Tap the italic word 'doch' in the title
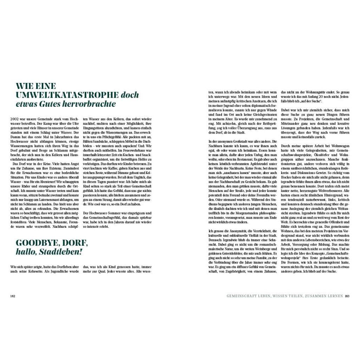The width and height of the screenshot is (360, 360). click(x=130, y=95)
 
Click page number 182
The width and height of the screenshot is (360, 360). click(x=13, y=296)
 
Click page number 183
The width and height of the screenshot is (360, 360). click(x=347, y=296)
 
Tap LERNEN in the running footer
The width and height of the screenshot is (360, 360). click(x=334, y=296)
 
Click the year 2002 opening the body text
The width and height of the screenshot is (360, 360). click(x=15, y=119)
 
